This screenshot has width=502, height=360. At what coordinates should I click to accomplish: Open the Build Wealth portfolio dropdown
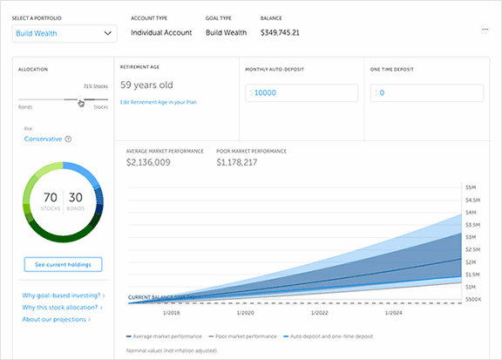[x=64, y=33]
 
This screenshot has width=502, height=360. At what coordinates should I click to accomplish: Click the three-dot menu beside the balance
[x=485, y=30]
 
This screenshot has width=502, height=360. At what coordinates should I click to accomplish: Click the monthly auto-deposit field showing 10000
[x=302, y=92]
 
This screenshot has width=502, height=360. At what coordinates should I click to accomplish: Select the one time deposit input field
[x=424, y=92]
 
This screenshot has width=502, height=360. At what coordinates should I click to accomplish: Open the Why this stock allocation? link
[x=64, y=307]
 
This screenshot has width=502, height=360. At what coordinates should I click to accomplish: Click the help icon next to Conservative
[x=68, y=139]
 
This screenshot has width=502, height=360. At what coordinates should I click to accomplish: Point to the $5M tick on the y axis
[x=471, y=187]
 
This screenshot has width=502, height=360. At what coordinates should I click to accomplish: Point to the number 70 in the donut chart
[x=51, y=197]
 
